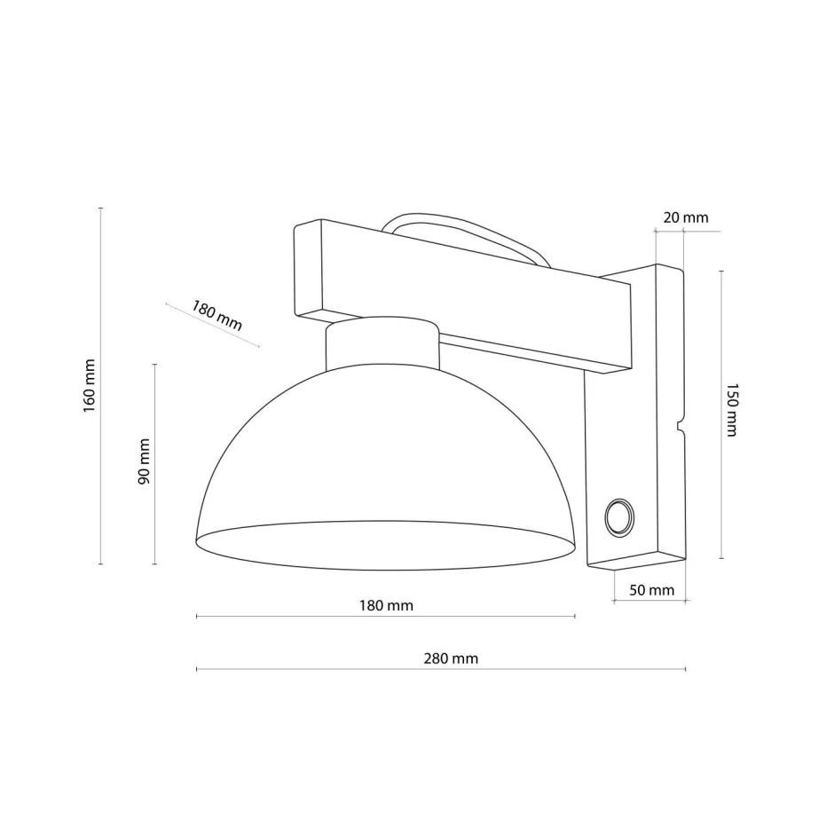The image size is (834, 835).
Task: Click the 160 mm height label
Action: tap(89, 387)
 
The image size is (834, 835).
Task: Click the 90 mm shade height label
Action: tap(144, 462)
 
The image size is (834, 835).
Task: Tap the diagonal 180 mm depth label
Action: tap(216, 316)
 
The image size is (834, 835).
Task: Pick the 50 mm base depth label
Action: tap(652, 590)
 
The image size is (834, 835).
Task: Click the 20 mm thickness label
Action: tap(686, 217)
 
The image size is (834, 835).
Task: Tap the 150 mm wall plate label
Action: tap(731, 410)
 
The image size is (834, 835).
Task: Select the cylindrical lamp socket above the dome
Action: tap(382, 346)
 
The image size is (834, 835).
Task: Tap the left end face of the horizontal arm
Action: tap(307, 271)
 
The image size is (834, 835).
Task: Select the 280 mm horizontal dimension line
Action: tap(441, 669)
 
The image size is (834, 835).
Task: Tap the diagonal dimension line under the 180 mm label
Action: tap(213, 325)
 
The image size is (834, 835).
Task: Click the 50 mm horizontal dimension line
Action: tap(650, 603)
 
